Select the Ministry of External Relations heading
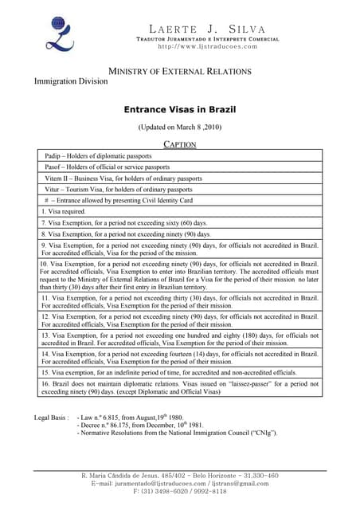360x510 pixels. point(179,71)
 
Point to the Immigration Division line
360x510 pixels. point(70,81)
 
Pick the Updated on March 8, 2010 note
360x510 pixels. point(179,127)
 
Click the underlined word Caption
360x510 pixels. point(179,144)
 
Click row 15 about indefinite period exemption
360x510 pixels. point(167,372)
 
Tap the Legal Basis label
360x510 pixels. point(52,417)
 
